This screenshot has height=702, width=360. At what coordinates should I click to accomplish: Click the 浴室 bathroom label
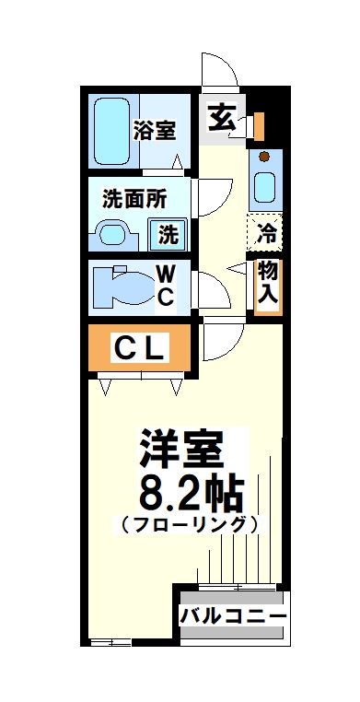pyautogui.click(x=154, y=130)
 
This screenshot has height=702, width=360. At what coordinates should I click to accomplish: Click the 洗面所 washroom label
pyautogui.click(x=134, y=199)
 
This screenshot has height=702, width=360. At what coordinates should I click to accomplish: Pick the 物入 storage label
pyautogui.click(x=267, y=283)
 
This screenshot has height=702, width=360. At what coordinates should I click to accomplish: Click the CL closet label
pyautogui.click(x=139, y=348)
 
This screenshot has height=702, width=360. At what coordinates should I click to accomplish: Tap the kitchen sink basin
pyautogui.click(x=264, y=184)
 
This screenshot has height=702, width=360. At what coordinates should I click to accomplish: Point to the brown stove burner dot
pyautogui.click(x=264, y=157)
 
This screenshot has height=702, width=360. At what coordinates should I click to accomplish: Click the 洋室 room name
pyautogui.click(x=181, y=450)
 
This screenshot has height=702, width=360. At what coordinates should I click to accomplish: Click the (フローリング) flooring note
pyautogui.click(x=187, y=526)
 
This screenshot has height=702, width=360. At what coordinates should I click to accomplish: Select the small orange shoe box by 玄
pyautogui.click(x=259, y=123)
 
